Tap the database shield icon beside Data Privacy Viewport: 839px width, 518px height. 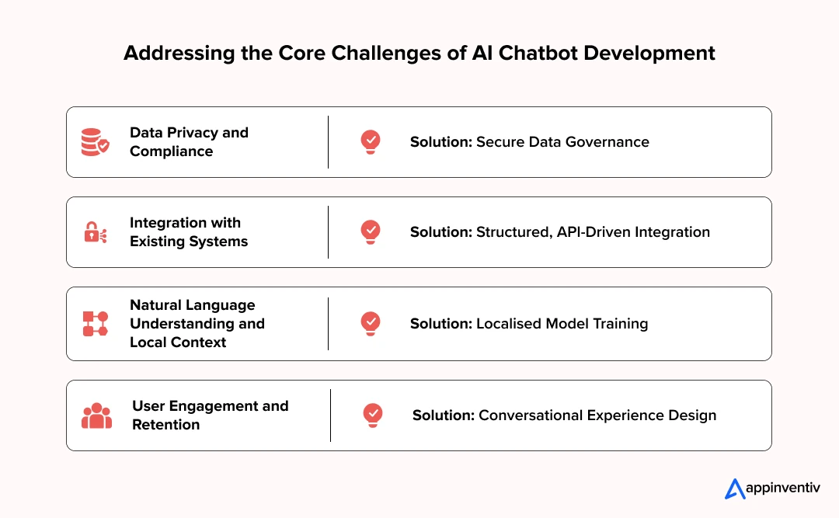96,142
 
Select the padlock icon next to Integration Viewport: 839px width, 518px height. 95,232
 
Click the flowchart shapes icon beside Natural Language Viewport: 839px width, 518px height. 95,324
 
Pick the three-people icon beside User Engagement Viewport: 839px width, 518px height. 96,415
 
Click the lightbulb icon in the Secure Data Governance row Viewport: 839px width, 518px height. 371,141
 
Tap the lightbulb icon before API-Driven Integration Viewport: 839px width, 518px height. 371,231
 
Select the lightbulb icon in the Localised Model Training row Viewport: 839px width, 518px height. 371,323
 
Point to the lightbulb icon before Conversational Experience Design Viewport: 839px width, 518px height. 373,415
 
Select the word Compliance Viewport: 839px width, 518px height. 171,151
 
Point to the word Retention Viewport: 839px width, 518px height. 165,425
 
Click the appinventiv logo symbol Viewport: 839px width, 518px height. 734,488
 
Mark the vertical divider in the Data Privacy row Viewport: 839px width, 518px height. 328,142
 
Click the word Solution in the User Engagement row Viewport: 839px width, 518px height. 442,415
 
